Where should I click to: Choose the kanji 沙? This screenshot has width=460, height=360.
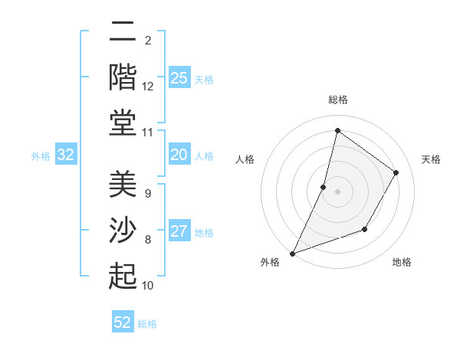click(123, 230)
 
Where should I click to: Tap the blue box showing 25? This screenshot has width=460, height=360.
click(179, 78)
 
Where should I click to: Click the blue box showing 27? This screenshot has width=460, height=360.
click(179, 232)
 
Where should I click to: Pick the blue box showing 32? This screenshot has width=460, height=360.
click(66, 155)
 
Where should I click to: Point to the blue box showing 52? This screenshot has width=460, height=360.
click(123, 322)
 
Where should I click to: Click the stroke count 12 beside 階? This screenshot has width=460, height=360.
click(148, 87)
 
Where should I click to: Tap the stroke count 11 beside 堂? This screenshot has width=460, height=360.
click(148, 133)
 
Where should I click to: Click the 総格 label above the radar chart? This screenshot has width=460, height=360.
click(338, 100)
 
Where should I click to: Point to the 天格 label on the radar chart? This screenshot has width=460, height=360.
click(431, 159)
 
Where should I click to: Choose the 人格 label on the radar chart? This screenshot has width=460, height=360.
click(245, 159)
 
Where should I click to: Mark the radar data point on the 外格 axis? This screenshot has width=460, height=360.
click(292, 254)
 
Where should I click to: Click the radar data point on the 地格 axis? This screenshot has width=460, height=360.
click(365, 229)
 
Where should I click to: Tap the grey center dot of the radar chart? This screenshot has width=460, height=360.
click(337, 191)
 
